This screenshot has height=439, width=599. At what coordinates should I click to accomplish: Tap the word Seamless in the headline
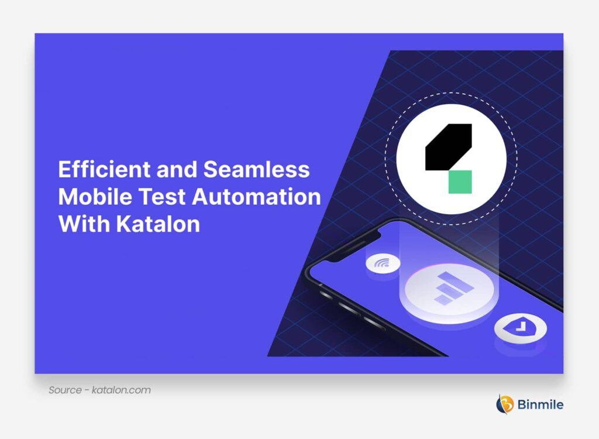click(256, 170)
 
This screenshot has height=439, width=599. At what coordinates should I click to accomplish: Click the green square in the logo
click(460, 182)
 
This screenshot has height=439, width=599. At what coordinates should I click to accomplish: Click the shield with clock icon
click(520, 328)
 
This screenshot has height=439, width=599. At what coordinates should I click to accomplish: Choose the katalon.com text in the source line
click(121, 390)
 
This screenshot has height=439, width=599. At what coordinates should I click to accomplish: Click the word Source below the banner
click(65, 390)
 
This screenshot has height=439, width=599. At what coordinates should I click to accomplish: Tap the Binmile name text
click(541, 404)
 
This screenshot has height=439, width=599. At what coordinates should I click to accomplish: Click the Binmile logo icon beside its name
click(504, 404)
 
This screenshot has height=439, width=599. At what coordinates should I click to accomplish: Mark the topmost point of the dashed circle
click(450, 93)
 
